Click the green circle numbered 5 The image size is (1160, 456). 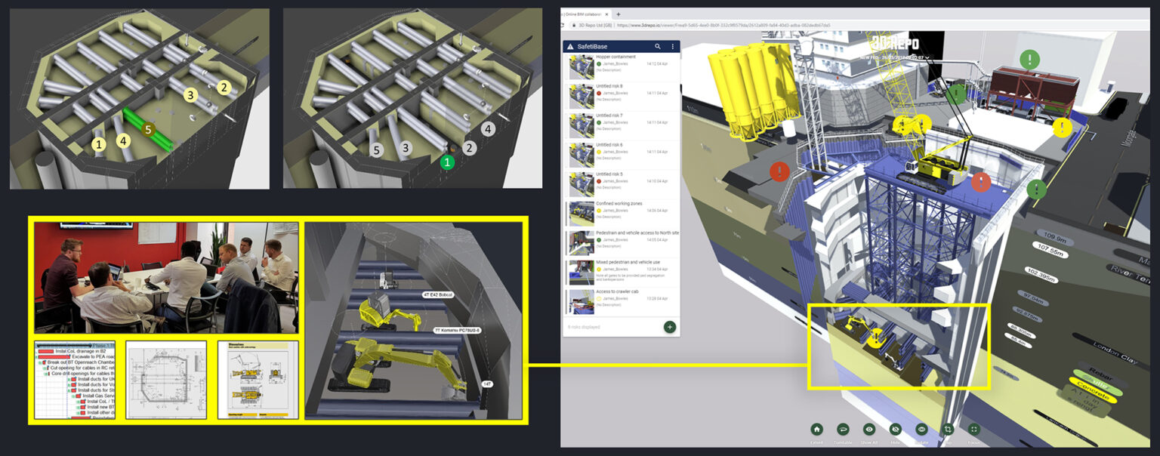pos(148,129)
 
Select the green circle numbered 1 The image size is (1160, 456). pos(447,162)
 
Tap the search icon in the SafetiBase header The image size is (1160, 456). pos(658,47)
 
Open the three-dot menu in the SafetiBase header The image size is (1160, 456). pos(672,47)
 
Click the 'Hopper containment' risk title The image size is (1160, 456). pos(615,57)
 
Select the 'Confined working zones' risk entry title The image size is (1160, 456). pos(622,204)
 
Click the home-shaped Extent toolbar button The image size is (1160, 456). pos(816,429)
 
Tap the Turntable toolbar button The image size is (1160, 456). pos(843,429)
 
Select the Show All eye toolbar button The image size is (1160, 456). pos(869,429)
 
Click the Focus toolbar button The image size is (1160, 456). pos(973,429)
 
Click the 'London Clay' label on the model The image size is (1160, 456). pos(1115,352)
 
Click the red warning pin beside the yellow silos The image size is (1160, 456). pos(780,171)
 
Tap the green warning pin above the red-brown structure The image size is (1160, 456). pos(1029,59)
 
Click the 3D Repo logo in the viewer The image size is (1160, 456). pos(894,42)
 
